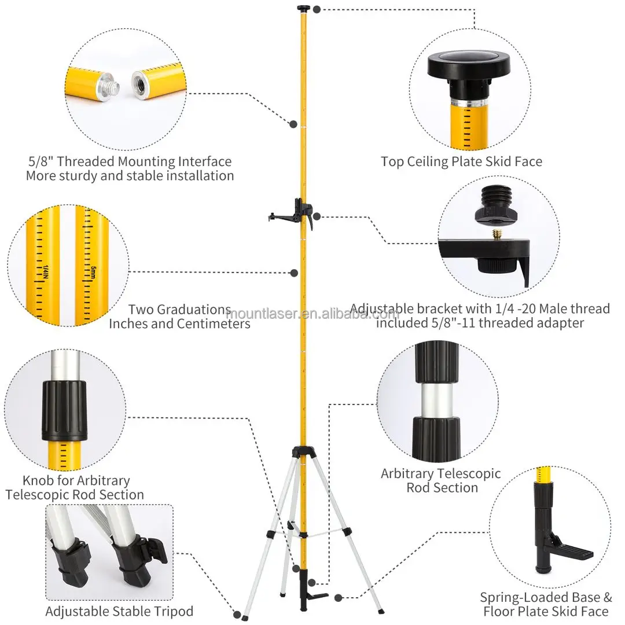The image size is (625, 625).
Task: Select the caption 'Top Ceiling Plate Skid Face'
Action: click(x=461, y=161)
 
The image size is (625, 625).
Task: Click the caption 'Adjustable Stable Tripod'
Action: click(x=120, y=611)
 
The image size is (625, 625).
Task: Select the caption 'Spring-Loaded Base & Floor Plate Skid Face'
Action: click(x=546, y=604)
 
